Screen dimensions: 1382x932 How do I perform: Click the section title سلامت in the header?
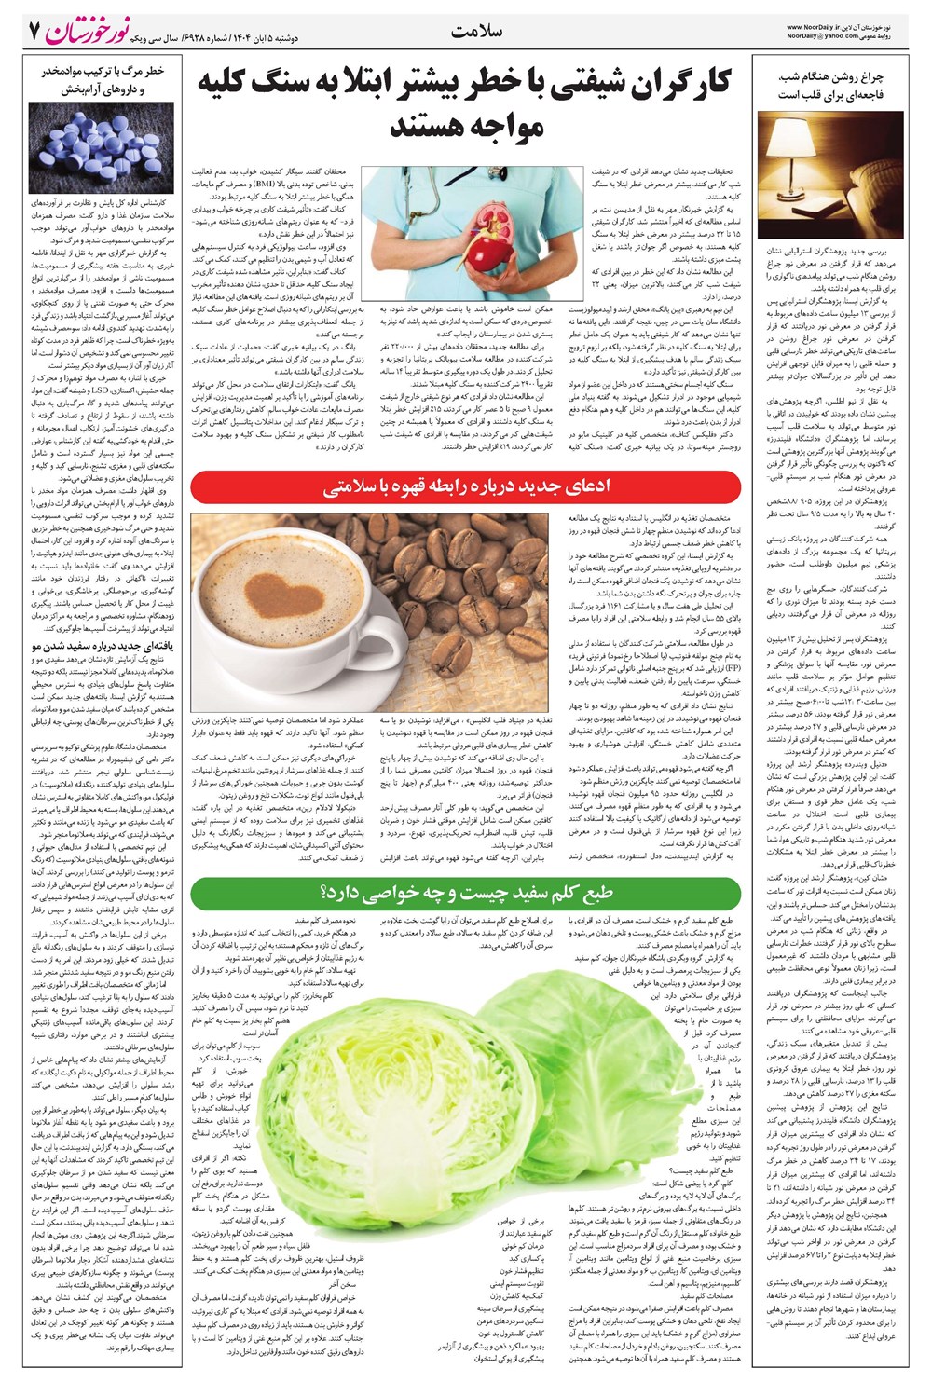(476, 32)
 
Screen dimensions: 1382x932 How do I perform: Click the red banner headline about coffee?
(465, 488)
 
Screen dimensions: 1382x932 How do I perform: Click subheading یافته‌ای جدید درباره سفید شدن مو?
(103, 645)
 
